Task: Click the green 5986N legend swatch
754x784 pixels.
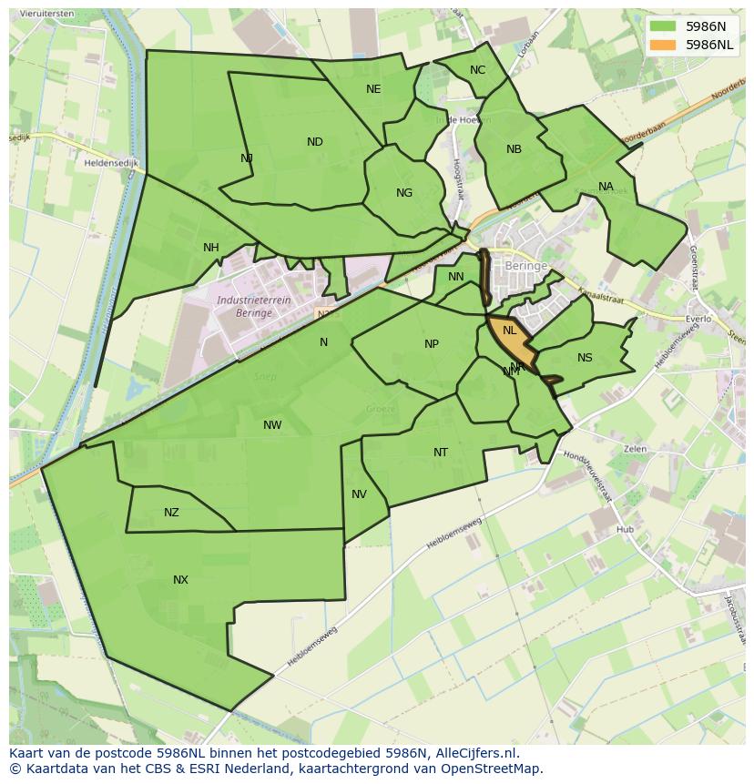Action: tap(662, 26)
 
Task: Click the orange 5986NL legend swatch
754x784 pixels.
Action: tap(662, 44)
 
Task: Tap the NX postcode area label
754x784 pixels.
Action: tap(180, 580)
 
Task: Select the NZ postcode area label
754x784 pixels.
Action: tap(171, 513)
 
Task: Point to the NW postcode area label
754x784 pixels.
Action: tap(272, 425)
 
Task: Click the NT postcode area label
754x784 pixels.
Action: tap(441, 453)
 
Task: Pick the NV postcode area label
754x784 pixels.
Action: tap(359, 494)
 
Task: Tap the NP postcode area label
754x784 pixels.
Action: tap(432, 344)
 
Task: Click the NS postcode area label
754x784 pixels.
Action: tap(585, 358)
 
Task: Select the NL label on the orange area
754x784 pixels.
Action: tap(510, 331)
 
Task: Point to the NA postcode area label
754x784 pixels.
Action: tap(606, 188)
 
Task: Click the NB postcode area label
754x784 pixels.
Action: tap(514, 149)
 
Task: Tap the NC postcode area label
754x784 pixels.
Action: tap(477, 70)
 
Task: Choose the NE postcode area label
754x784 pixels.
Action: tap(373, 89)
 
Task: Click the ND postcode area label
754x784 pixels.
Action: tap(315, 142)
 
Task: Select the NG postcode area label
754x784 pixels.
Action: tap(404, 193)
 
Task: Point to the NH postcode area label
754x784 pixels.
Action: tap(211, 248)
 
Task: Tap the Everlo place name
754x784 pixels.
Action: tap(698, 320)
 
